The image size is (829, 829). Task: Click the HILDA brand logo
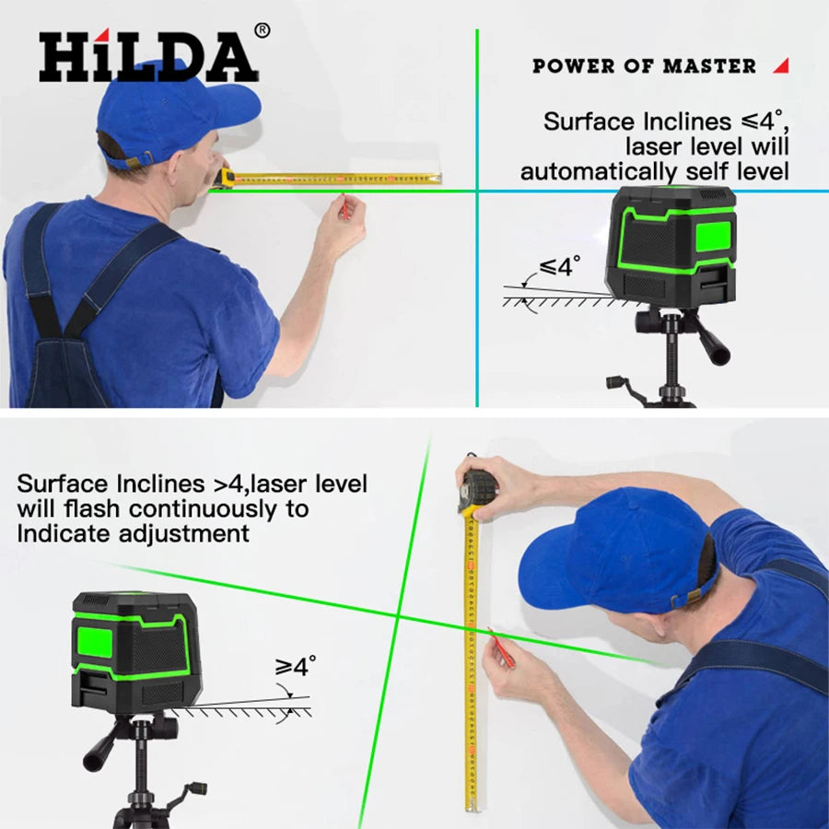[147, 57]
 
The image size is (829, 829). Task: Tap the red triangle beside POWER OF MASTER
[781, 65]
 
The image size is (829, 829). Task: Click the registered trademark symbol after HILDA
[262, 30]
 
